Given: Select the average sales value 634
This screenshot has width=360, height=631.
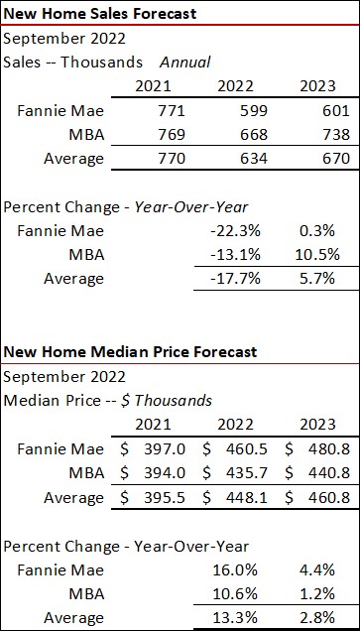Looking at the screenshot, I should tap(236, 157).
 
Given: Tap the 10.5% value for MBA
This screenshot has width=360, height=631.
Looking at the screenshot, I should tap(317, 253).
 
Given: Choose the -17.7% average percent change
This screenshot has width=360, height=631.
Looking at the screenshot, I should tap(236, 277).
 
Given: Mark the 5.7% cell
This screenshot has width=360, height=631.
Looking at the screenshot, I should tap(320, 277).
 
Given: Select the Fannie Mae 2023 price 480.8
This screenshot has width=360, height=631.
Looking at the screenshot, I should tap(325, 449).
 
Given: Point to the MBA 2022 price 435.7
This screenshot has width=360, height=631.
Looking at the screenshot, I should tap(244, 472).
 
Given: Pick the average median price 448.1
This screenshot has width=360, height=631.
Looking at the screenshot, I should tap(244, 496).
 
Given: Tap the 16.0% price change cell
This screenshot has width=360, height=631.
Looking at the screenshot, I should tap(238, 569).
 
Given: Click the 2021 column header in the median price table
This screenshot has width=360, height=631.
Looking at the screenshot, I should tap(155, 426).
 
